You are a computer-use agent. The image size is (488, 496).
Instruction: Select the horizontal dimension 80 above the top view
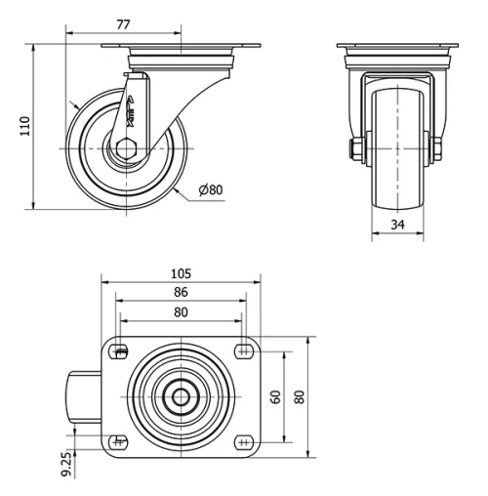click(x=181, y=312)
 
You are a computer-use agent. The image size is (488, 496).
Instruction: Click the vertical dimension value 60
click(x=276, y=396)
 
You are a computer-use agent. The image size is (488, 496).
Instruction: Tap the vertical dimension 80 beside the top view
click(x=300, y=396)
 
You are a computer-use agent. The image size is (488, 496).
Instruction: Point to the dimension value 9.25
click(x=65, y=460)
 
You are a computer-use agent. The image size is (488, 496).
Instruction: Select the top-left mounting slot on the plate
click(x=121, y=352)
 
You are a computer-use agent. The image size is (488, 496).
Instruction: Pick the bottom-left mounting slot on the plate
click(x=121, y=441)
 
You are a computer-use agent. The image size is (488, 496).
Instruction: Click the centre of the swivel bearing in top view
click(x=181, y=396)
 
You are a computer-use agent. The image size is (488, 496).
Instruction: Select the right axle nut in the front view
click(x=436, y=148)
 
